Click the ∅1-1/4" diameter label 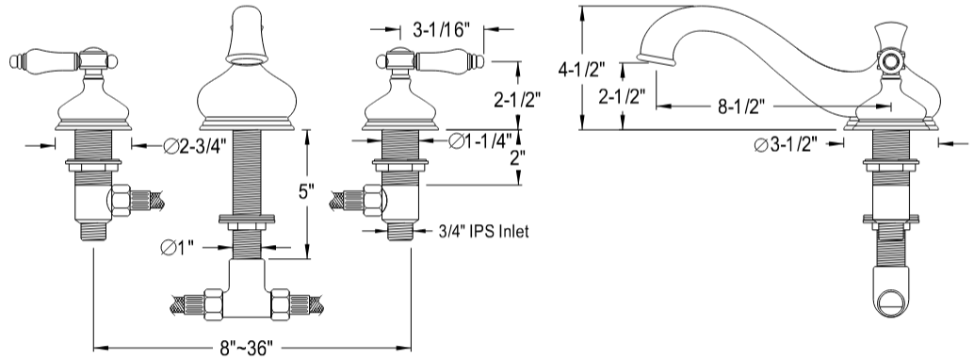pos(480,141)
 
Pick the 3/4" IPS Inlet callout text pos(483,232)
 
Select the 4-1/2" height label pos(581,70)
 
